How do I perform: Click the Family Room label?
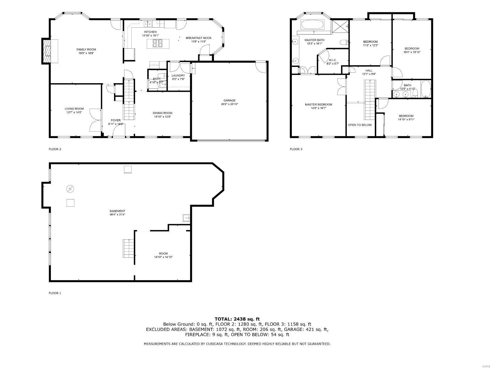[86, 49]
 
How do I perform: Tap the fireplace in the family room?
[48, 51]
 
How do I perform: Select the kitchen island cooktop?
[157, 43]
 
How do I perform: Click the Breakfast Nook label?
[198, 38]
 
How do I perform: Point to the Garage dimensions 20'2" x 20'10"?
[229, 104]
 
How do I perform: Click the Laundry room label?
[178, 75]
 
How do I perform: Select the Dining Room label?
[162, 113]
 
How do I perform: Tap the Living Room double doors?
[95, 120]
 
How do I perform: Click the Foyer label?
[116, 120]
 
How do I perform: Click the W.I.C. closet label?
[333, 60]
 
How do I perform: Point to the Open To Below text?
[360, 125]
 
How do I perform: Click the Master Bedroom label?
[318, 105]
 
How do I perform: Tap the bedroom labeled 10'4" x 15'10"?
[412, 50]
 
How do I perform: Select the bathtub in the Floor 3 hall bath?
[426, 89]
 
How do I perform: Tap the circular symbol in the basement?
[70, 189]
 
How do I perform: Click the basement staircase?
[128, 248]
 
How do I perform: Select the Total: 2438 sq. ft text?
[237, 319]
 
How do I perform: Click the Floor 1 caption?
[55, 293]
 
